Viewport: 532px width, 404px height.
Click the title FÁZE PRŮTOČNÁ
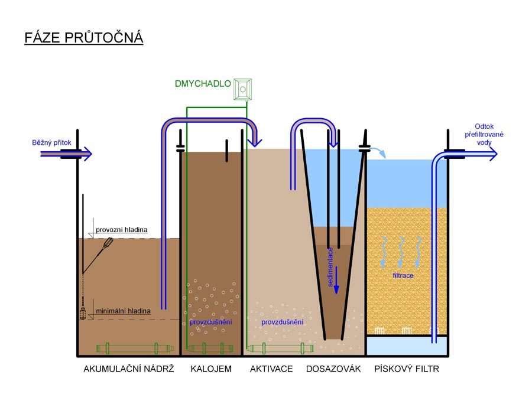tap(84, 38)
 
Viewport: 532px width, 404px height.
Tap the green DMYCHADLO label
tap(203, 84)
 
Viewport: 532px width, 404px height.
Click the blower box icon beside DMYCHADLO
tap(242, 89)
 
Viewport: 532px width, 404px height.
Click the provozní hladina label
tap(122, 229)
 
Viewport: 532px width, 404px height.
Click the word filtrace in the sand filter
tap(403, 275)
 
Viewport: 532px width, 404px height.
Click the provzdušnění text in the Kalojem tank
tap(210, 322)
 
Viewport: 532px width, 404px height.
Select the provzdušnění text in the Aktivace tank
tap(283, 322)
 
